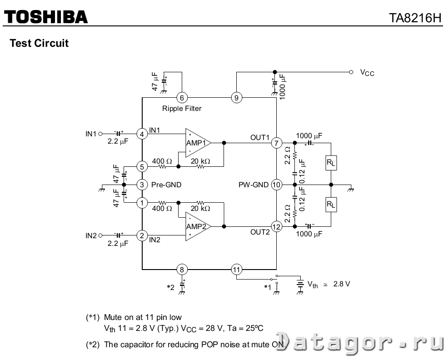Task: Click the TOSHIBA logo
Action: click(x=46, y=17)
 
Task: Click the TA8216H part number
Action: click(x=415, y=18)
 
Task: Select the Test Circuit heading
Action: click(x=39, y=43)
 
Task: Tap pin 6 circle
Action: click(x=182, y=98)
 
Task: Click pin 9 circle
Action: click(x=236, y=98)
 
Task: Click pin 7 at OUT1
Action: click(x=276, y=143)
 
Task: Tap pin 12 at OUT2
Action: click(x=276, y=227)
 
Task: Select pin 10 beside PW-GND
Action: click(x=276, y=185)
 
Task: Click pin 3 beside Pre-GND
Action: click(x=142, y=185)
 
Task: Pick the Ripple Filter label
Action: click(x=182, y=108)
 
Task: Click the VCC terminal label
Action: click(x=367, y=73)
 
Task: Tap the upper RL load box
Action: click(x=331, y=163)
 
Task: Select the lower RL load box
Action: click(x=331, y=205)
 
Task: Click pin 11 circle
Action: click(x=236, y=270)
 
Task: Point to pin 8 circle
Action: click(x=182, y=270)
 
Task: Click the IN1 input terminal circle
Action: click(x=100, y=134)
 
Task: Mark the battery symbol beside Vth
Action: click(x=300, y=284)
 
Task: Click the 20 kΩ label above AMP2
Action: click(x=200, y=208)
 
